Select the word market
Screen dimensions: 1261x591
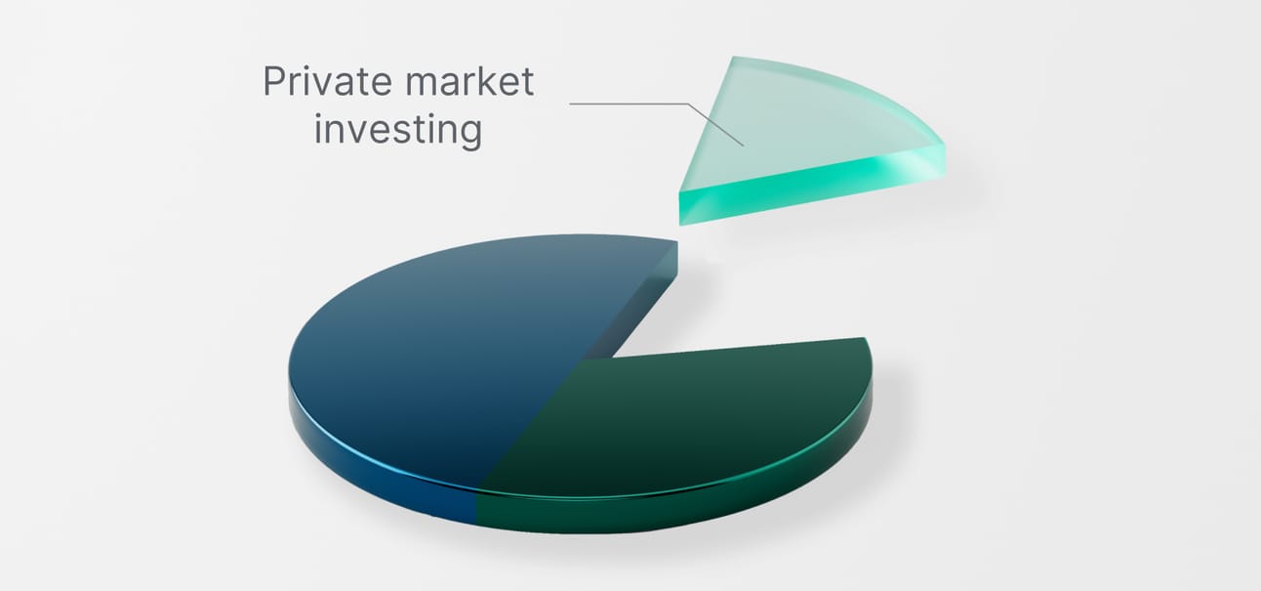(x=469, y=81)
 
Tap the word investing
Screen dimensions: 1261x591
(x=398, y=130)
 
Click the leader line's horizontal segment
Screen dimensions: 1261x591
(x=629, y=104)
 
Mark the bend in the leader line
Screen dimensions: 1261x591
(x=688, y=105)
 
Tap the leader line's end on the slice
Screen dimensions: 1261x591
(x=743, y=146)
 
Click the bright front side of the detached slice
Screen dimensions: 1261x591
(x=811, y=186)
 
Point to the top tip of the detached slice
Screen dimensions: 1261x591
(x=734, y=57)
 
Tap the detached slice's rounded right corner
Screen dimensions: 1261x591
(x=941, y=147)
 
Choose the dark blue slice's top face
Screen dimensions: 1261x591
(x=450, y=350)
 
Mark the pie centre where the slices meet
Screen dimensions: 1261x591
(x=586, y=359)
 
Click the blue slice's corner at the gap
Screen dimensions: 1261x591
(x=677, y=242)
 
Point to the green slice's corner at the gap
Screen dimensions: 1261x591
(x=864, y=338)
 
